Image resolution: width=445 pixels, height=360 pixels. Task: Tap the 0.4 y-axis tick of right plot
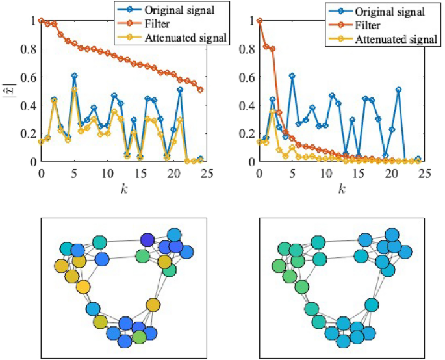click(x=247, y=105)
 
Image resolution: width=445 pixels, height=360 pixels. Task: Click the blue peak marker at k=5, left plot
click(x=74, y=76)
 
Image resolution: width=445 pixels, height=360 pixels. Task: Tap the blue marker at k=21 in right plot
click(x=398, y=90)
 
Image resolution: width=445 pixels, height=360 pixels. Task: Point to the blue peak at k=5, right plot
click(x=292, y=76)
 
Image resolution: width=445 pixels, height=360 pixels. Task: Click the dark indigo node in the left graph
click(x=147, y=240)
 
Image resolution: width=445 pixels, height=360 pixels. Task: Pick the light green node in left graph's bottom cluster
click(x=138, y=338)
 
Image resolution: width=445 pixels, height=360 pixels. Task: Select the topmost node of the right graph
click(x=392, y=235)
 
